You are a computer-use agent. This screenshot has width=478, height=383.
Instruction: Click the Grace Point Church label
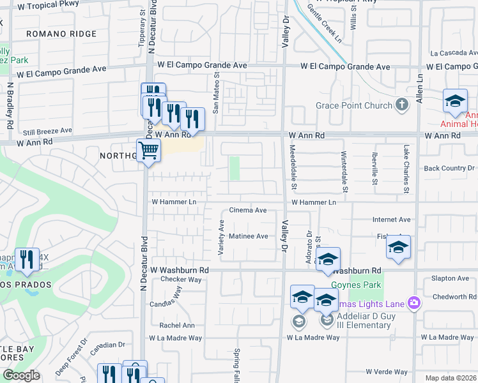pos(355,105)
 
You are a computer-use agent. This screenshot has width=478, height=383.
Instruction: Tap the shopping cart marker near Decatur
pos(148,152)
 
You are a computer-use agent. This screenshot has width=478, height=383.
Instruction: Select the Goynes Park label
pos(356,285)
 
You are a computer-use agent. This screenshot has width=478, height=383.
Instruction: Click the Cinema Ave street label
pos(248,210)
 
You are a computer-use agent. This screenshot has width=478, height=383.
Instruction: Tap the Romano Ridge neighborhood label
pos(61,34)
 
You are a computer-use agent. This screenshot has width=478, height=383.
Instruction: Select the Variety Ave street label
pos(222,237)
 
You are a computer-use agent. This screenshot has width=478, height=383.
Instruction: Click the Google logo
pos(21,375)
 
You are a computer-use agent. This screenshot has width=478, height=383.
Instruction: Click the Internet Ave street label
pos(391,219)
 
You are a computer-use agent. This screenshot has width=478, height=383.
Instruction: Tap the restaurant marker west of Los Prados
pos(27,259)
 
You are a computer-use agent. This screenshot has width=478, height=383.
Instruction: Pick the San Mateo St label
pos(216,93)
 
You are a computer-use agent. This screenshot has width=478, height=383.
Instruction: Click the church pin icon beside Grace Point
pos(402,104)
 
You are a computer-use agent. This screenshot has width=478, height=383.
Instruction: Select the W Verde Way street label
pos(387,372)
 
